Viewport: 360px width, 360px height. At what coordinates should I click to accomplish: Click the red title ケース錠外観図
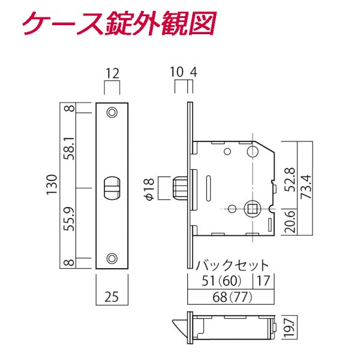point(117,24)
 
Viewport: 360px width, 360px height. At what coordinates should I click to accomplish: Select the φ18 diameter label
point(150,188)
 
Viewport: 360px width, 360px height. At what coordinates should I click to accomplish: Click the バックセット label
point(232,264)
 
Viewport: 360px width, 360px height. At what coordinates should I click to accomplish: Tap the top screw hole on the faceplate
point(112,112)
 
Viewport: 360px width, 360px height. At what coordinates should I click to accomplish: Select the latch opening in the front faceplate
point(112,188)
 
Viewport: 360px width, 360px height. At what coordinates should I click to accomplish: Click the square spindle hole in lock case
point(252,209)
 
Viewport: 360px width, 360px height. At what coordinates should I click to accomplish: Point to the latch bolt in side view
point(179,187)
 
